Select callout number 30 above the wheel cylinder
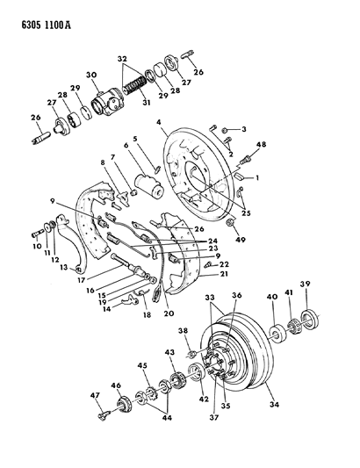(x=91, y=75)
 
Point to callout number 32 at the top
(x=122, y=58)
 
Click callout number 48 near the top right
(x=262, y=145)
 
